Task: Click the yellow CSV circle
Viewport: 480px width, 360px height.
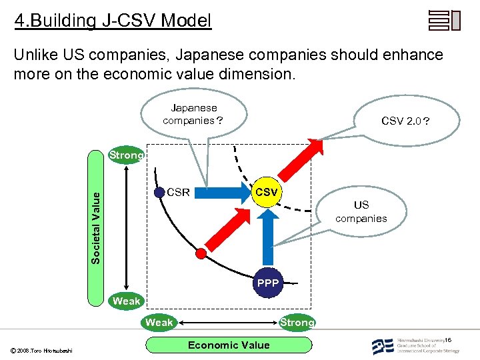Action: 267,193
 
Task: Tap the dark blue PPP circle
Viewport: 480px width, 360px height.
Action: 268,283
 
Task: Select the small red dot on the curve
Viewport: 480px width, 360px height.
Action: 201,253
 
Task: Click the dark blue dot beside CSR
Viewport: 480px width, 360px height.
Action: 159,193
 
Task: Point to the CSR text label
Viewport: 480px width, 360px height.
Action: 178,193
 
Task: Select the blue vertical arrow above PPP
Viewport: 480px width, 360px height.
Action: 268,237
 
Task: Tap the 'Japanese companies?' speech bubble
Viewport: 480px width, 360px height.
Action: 193,115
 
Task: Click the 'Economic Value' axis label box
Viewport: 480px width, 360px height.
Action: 229,345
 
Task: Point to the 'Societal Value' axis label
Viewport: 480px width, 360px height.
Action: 96,227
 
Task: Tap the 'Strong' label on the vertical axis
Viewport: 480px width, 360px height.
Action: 127,155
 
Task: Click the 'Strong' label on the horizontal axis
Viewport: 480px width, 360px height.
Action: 297,323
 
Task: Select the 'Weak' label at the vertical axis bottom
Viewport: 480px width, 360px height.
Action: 127,301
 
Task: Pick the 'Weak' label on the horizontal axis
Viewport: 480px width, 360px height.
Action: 159,323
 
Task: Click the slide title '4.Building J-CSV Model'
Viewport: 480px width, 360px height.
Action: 113,21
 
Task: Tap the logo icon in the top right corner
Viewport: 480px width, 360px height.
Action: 444,21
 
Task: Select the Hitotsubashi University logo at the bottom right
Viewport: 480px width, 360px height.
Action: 413,345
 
